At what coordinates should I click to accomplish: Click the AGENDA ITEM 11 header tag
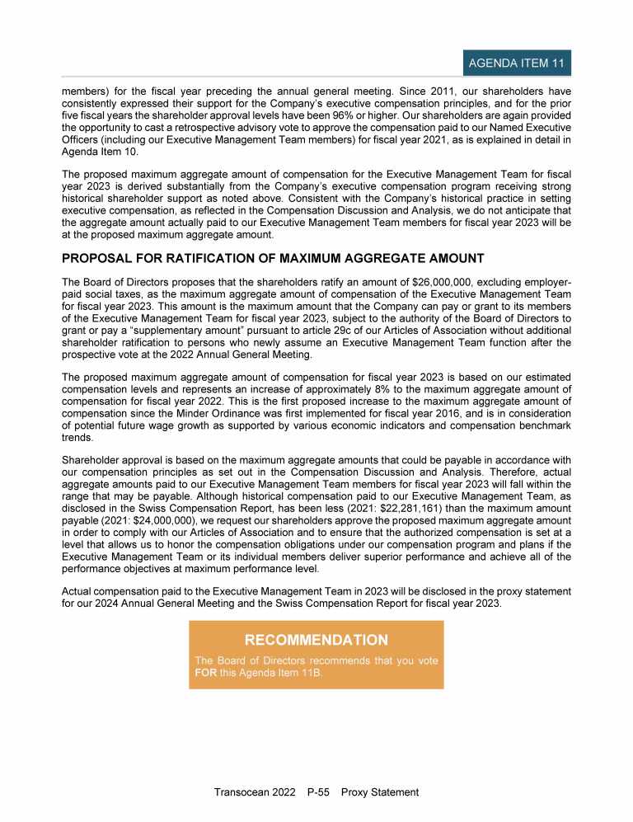(x=515, y=63)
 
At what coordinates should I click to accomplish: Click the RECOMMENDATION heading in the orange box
(x=316, y=641)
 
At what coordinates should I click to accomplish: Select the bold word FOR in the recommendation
(x=204, y=672)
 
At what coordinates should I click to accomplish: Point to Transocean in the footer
(x=241, y=792)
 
